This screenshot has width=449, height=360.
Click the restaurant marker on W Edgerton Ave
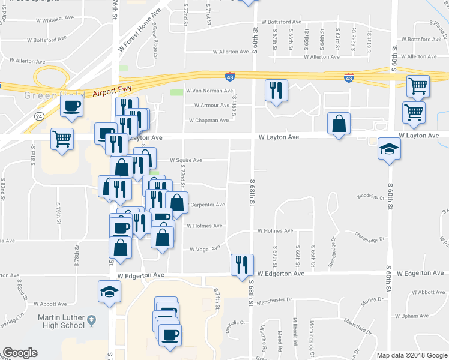click(242, 265)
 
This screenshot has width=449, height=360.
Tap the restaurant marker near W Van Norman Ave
click(276, 91)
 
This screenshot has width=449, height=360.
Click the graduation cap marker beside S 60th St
click(390, 149)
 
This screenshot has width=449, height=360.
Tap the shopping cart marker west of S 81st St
click(62, 139)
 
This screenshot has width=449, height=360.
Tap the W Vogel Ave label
click(206, 249)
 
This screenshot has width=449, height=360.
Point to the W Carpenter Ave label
click(208, 205)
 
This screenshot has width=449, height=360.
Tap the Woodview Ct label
click(370, 196)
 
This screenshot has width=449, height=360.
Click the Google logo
click(20, 353)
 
